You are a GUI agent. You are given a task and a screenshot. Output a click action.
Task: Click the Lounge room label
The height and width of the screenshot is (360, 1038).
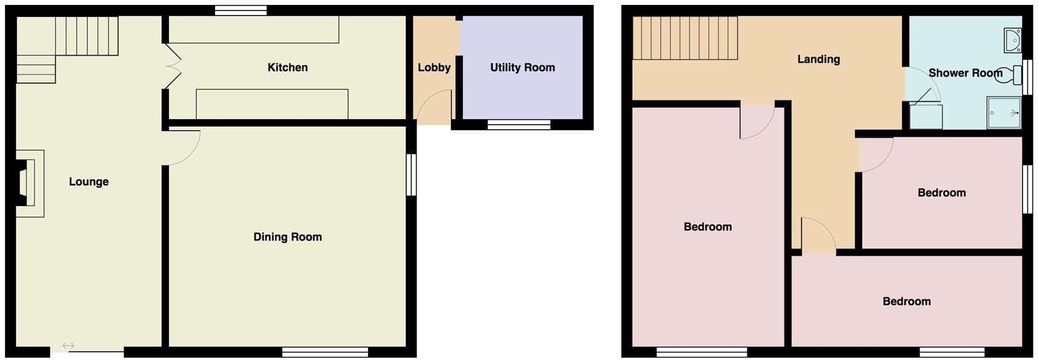click(89, 182)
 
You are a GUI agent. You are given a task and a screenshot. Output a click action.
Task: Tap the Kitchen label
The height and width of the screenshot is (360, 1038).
click(288, 67)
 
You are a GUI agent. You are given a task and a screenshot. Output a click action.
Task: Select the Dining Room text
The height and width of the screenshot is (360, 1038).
click(288, 237)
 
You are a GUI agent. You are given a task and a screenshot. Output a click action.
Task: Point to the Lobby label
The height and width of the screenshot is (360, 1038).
click(434, 67)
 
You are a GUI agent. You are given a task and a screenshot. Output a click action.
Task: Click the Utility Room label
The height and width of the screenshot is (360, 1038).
click(523, 67)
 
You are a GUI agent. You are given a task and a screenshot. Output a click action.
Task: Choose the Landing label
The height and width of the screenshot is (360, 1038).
click(818, 59)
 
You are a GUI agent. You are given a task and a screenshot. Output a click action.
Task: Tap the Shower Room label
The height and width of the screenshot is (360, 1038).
click(965, 73)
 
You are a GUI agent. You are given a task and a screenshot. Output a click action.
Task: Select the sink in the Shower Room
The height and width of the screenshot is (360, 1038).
click(1012, 40)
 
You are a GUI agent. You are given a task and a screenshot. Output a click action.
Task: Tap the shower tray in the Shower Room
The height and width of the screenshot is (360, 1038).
click(1004, 113)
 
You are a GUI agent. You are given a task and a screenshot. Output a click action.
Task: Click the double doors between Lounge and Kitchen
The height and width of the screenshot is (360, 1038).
click(173, 67)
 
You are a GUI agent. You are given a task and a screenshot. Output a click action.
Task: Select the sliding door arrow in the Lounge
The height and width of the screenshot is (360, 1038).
click(69, 346)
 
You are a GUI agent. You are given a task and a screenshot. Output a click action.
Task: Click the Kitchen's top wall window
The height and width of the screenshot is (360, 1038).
click(241, 10)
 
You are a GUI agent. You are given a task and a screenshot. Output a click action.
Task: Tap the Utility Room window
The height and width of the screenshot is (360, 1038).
click(519, 125)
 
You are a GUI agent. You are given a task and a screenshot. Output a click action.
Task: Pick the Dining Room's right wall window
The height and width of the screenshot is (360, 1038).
click(411, 175)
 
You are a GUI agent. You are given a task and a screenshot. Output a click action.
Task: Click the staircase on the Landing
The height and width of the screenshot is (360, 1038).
click(685, 38)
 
